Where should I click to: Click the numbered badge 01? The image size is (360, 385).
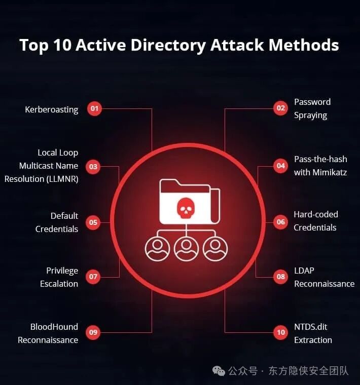[x=94, y=109]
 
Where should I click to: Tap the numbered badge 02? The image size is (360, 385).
[x=280, y=108]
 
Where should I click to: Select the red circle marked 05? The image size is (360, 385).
[x=93, y=222]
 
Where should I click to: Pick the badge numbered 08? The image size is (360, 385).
[x=280, y=277]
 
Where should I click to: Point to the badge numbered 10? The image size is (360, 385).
[x=280, y=332]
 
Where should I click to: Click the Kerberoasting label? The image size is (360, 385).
[x=52, y=109]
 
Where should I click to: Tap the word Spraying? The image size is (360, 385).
[x=310, y=115]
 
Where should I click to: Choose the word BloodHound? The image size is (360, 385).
[x=54, y=327]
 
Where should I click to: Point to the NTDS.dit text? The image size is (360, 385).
[x=311, y=327]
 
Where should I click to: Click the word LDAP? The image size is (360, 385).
[x=304, y=271]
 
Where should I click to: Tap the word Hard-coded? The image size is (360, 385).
[x=316, y=214]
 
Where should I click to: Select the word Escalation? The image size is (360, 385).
[x=59, y=284]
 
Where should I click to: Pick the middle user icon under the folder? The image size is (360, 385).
[x=186, y=249]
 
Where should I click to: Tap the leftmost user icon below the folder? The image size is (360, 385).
[x=157, y=249]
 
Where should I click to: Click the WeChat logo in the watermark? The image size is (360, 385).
[x=219, y=371]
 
